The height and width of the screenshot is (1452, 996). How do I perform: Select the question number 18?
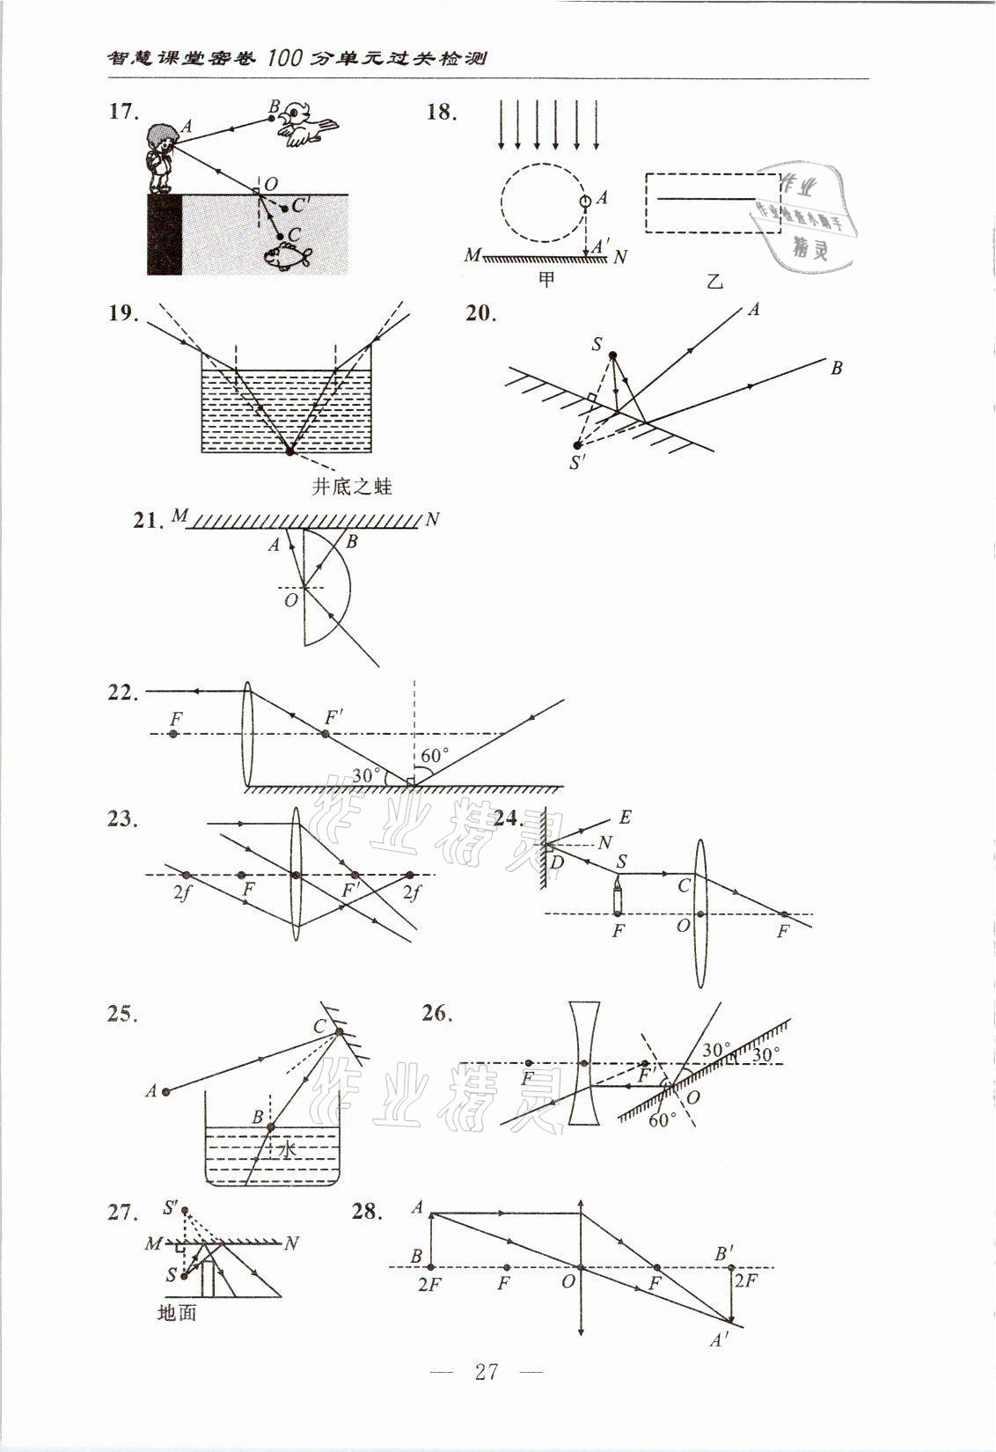(443, 113)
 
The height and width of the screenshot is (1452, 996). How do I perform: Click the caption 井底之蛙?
(352, 486)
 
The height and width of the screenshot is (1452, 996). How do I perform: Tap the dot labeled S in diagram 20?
(613, 356)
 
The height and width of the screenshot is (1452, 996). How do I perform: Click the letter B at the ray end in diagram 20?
(836, 368)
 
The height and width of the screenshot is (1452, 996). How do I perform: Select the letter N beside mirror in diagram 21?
(431, 520)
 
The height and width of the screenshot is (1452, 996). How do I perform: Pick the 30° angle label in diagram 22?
(366, 775)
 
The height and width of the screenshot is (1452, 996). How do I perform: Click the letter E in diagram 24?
(625, 818)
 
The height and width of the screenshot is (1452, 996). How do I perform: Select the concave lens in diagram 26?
(582, 1062)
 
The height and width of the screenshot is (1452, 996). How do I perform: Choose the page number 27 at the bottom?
(487, 1395)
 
